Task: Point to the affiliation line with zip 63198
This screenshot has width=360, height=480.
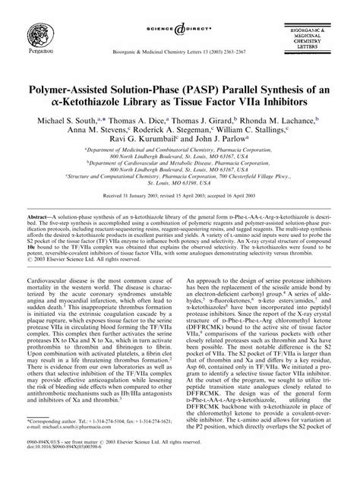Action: point(180,183)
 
